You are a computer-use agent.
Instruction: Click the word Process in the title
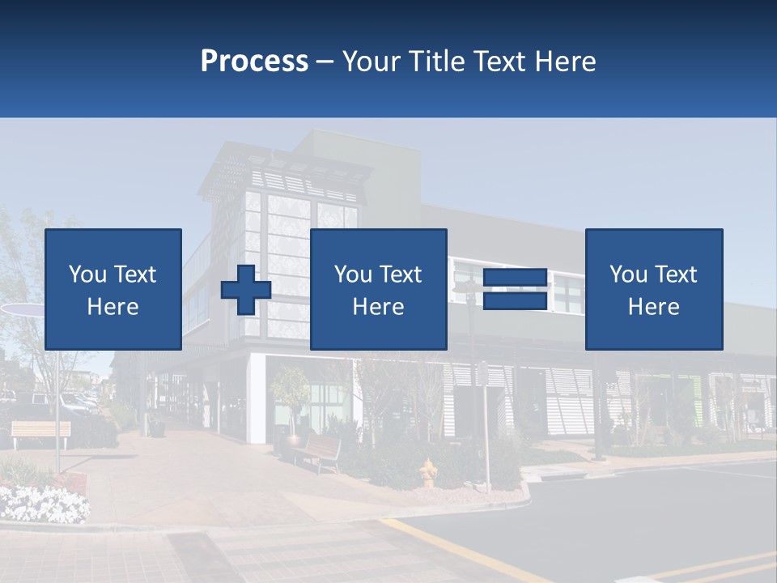coord(254,62)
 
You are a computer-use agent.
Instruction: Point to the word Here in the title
coord(565,62)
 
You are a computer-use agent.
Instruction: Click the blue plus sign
coord(246,290)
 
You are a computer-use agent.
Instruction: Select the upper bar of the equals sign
coord(516,279)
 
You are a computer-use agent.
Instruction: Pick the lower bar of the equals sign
coord(516,301)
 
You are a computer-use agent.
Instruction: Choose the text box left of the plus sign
coord(113,290)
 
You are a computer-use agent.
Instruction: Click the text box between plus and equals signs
coord(378,290)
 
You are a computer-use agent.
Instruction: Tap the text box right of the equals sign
coord(654,290)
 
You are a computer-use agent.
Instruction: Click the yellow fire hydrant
coord(427,473)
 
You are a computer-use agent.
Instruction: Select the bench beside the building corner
coord(319,452)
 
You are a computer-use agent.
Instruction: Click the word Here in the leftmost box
coord(113,307)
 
